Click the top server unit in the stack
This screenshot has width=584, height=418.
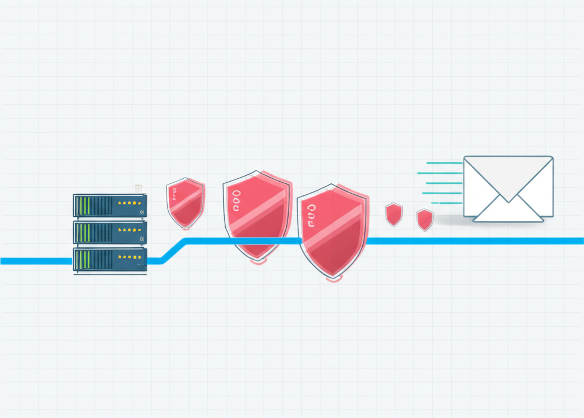pos(109,205)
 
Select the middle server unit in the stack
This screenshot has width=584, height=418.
pos(109,232)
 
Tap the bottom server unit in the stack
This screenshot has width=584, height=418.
pos(109,259)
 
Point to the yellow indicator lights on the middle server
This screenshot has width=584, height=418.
pos(128,230)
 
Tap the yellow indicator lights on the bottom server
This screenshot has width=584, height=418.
pos(128,257)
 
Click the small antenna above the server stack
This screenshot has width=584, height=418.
pos(137,187)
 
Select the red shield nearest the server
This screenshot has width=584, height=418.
pos(185,203)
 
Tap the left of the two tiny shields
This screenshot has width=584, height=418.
pos(394,214)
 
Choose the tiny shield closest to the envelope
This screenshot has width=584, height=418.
pos(424,219)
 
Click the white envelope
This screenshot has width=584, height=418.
pos(508,188)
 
